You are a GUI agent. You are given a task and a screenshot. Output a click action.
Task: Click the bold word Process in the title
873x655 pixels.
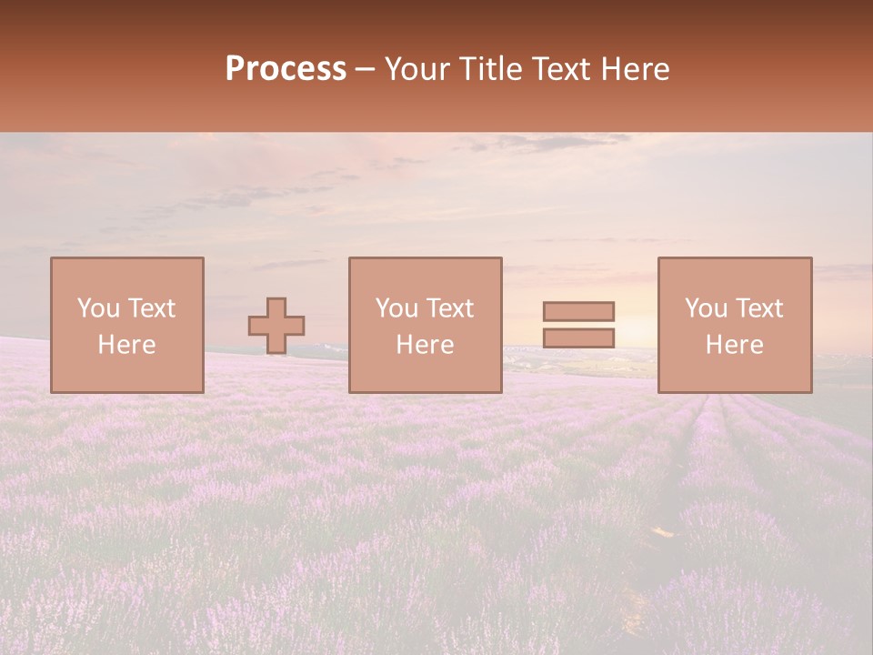[x=286, y=69]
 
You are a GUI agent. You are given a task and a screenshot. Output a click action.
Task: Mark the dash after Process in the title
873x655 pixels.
[x=366, y=70]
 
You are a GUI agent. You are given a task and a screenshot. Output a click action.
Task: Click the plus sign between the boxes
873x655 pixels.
[x=276, y=326]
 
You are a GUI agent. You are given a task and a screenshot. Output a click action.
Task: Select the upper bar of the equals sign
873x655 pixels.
[x=578, y=311]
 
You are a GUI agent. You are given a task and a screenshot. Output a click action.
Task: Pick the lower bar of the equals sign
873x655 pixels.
[x=578, y=338]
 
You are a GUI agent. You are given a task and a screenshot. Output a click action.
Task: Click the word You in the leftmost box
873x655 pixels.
[x=98, y=308]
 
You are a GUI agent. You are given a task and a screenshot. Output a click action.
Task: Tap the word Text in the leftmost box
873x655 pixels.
[x=150, y=308]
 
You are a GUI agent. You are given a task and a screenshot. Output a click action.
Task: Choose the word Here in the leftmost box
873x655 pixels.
[x=126, y=345]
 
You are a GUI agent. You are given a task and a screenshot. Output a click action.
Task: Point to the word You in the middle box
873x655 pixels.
[x=396, y=308]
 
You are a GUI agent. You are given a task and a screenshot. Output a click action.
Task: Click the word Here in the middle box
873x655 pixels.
[x=425, y=345]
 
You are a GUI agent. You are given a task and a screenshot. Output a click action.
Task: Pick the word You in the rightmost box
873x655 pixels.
[x=706, y=308]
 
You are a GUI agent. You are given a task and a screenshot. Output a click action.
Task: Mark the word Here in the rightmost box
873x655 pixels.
[x=734, y=345]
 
